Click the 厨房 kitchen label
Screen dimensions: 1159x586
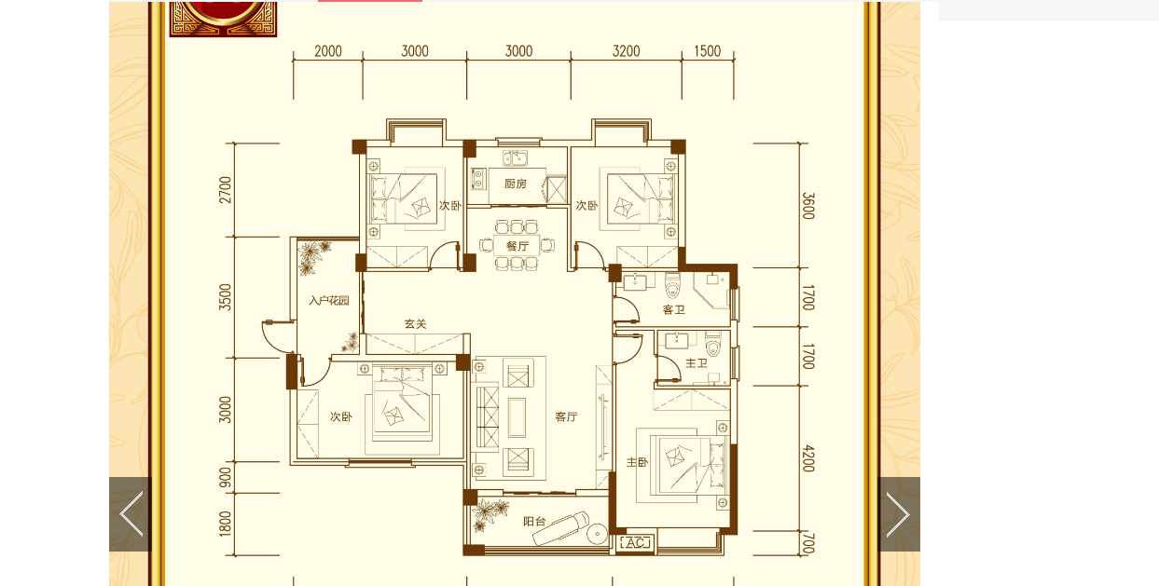[x=516, y=184]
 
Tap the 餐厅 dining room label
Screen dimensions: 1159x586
[x=517, y=246]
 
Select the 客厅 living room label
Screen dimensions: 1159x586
[x=566, y=416]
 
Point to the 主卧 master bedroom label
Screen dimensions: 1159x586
[x=637, y=462]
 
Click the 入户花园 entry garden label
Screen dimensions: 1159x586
[x=329, y=300]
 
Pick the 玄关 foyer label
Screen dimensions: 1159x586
[x=415, y=324]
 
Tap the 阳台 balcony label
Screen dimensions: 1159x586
[x=534, y=522]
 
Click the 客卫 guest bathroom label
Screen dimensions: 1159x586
[x=673, y=309]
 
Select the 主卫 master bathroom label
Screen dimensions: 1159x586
[x=696, y=363]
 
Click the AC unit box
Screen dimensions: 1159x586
[x=635, y=543]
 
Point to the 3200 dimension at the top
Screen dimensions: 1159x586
[x=626, y=51]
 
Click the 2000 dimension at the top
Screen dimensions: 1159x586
[x=328, y=51]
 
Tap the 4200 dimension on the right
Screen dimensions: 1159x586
[x=808, y=458]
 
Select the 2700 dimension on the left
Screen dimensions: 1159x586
[x=226, y=190]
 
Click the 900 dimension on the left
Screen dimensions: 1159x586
[x=226, y=478]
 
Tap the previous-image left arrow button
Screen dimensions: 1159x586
[x=131, y=513]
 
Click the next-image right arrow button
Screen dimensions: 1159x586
[x=899, y=513]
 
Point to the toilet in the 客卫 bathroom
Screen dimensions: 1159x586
[x=672, y=286]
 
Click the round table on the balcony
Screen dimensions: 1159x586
[x=597, y=533]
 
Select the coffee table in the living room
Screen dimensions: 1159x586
[x=517, y=417]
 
